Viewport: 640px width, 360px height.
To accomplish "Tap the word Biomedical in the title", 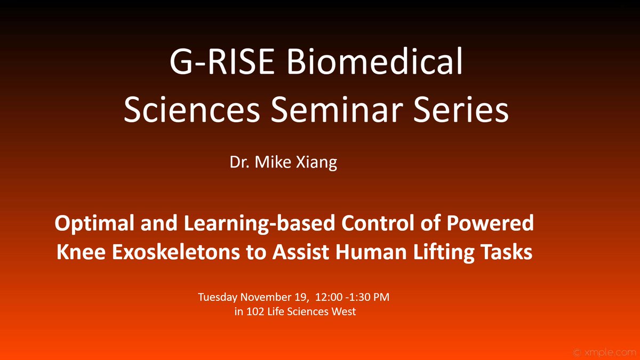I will [x=372, y=64].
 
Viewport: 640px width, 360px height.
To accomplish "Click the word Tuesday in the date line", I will [x=218, y=297].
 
